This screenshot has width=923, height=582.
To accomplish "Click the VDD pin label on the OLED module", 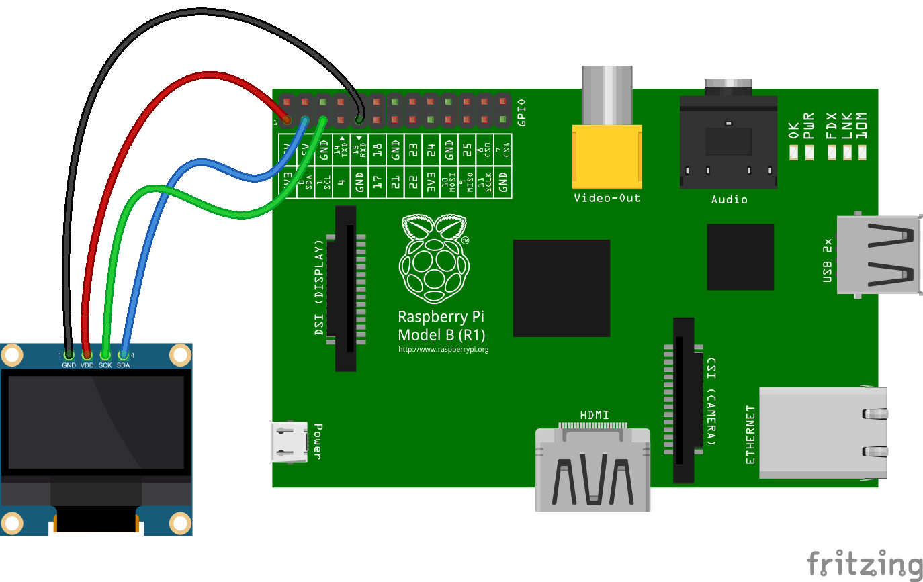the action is click(87, 365).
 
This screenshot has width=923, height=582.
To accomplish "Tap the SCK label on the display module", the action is click(105, 365).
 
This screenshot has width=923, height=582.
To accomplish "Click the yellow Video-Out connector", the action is click(607, 156).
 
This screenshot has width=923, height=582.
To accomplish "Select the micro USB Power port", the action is click(290, 442).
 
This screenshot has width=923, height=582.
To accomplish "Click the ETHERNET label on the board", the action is click(750, 434).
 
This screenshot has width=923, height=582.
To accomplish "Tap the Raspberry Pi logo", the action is click(434, 258).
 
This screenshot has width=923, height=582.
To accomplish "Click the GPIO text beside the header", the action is click(522, 113).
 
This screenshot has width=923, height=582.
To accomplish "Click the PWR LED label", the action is click(809, 126).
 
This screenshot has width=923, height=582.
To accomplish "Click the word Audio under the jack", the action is click(729, 199).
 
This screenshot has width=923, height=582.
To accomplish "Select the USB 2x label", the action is click(828, 260).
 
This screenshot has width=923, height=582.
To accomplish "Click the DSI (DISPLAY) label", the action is click(319, 287).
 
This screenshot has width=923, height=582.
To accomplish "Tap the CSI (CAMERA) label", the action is click(710, 401).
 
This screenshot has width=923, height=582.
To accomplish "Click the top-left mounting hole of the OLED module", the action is click(11, 354).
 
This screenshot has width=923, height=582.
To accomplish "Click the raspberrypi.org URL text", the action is click(443, 349).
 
